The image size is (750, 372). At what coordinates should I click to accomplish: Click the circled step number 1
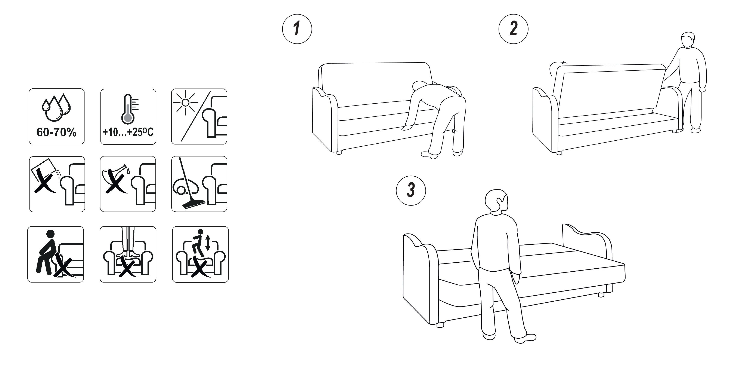(x=297, y=29)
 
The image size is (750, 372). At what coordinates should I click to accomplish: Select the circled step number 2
(x=513, y=29)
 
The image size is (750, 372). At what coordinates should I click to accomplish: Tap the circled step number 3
(x=411, y=191)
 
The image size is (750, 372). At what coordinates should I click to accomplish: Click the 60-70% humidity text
(x=56, y=133)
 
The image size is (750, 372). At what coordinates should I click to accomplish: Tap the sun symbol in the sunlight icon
(x=185, y=103)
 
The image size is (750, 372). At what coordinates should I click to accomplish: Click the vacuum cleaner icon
(x=199, y=184)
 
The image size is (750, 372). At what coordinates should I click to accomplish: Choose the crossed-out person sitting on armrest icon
(x=56, y=254)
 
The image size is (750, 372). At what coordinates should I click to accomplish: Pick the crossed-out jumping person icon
(x=200, y=254)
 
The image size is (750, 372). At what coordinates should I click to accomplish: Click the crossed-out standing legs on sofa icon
(x=128, y=254)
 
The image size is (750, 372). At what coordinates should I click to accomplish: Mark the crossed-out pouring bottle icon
(x=128, y=184)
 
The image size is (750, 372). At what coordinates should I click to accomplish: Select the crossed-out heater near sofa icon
(x=57, y=184)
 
